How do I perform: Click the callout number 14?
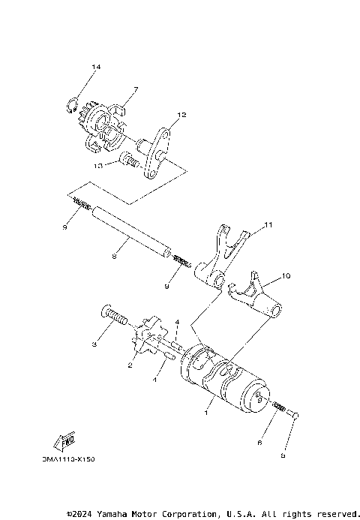(x=95, y=68)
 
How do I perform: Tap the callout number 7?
(x=135, y=90)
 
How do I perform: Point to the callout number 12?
(x=181, y=116)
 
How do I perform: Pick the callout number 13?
(x=98, y=164)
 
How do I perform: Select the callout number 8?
(x=113, y=257)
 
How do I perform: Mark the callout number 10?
(x=286, y=277)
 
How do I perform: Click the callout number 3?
(x=94, y=344)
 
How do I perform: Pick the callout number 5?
(x=284, y=454)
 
